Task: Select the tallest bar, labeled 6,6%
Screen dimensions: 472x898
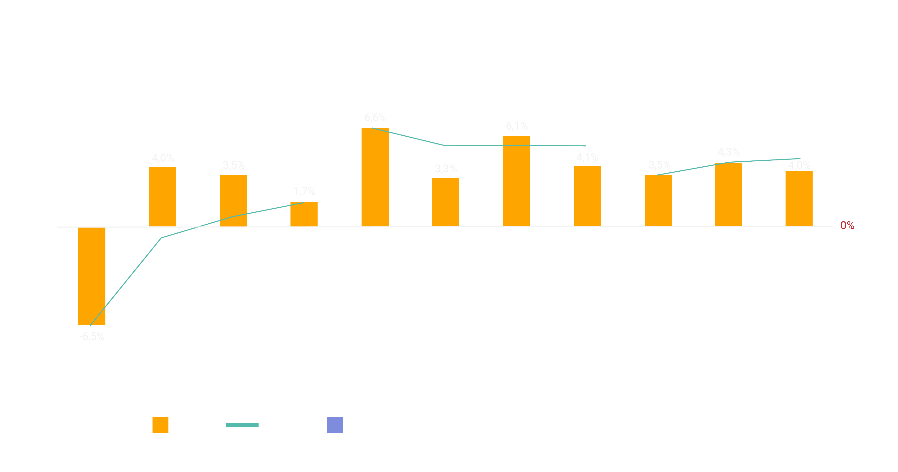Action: pos(375,177)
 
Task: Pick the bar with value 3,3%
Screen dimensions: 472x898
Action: pos(446,202)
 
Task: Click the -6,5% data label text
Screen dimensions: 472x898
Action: pos(92,337)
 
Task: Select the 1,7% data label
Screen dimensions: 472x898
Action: pos(304,191)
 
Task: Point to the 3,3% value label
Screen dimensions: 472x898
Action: pos(446,169)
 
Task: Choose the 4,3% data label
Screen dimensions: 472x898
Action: pos(729,152)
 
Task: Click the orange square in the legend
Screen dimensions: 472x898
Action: pos(160,425)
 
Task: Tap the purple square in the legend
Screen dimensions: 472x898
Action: pos(335,425)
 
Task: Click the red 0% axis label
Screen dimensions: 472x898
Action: pos(847,226)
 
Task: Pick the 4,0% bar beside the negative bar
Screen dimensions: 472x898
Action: pos(162,196)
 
